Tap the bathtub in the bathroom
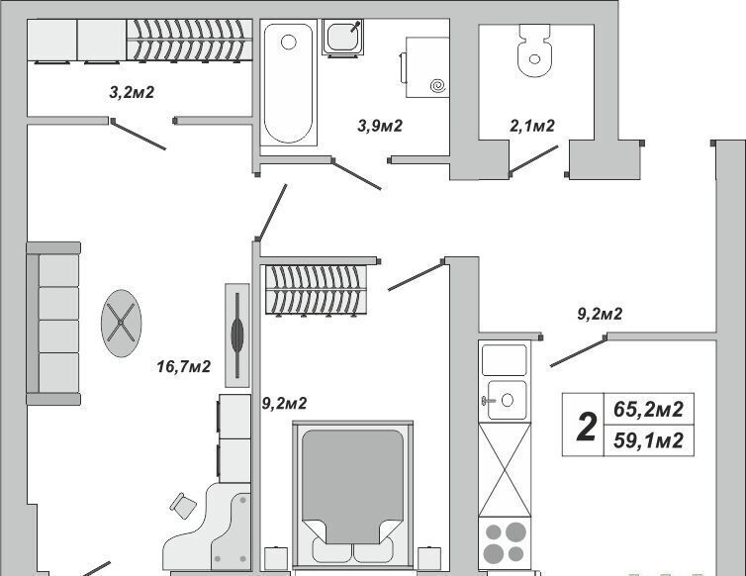(x=288, y=82)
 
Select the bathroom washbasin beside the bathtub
(x=342, y=38)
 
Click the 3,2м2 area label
(x=132, y=92)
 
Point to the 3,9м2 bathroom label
(x=380, y=126)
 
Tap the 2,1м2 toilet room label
(x=532, y=126)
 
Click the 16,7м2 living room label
(x=184, y=366)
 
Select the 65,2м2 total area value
(x=648, y=409)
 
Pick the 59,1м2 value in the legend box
(x=648, y=440)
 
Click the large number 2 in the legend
(x=586, y=427)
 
